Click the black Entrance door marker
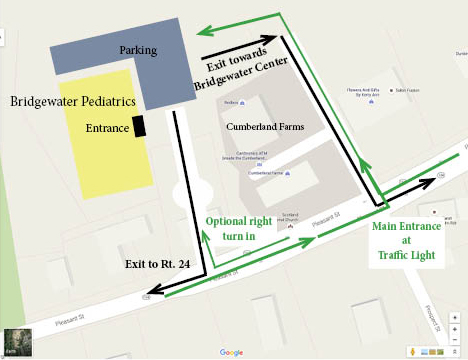(x=139, y=126)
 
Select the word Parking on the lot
(x=139, y=49)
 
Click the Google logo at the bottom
(x=232, y=352)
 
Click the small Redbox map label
(x=232, y=103)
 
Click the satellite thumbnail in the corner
(x=17, y=341)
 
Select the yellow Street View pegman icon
(x=413, y=351)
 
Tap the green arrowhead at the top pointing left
(x=202, y=31)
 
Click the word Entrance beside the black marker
(x=107, y=128)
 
